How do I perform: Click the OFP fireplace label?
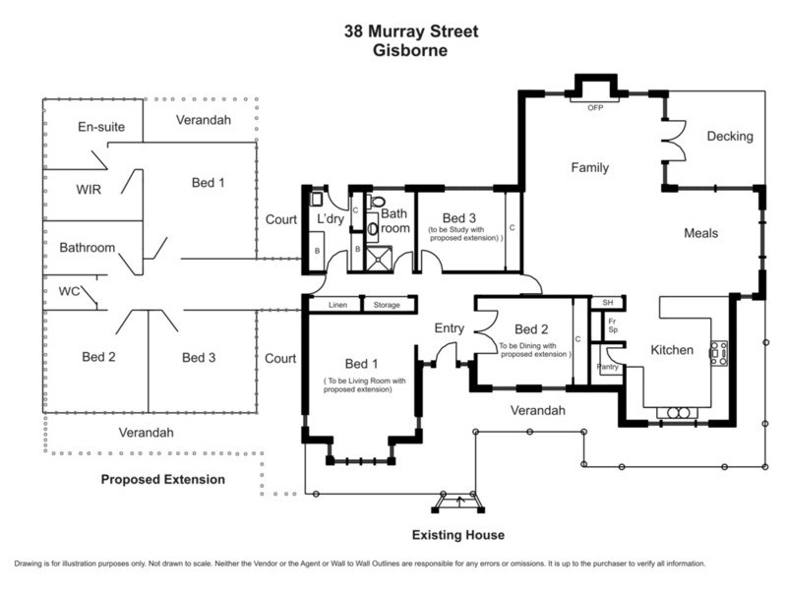coord(595,108)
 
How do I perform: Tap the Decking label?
coord(730,136)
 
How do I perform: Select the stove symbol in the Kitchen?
coord(718,353)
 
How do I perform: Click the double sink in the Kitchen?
coord(678,413)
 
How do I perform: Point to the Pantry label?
coord(608,367)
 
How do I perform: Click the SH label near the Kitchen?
coord(608,303)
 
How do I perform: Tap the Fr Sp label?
coord(612,325)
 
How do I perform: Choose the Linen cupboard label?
coord(337,305)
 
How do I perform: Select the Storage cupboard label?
coord(387,305)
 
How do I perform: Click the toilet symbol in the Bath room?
coord(377,202)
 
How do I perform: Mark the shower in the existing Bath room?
coord(379,259)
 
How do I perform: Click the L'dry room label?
coord(331,218)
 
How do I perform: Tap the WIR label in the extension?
coord(89,190)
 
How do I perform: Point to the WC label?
coord(69,291)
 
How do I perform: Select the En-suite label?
coord(101,127)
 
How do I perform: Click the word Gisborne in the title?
coord(410,50)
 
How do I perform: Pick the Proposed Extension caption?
coord(163,480)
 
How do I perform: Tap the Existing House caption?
coord(458,535)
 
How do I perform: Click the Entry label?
coord(450,328)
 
